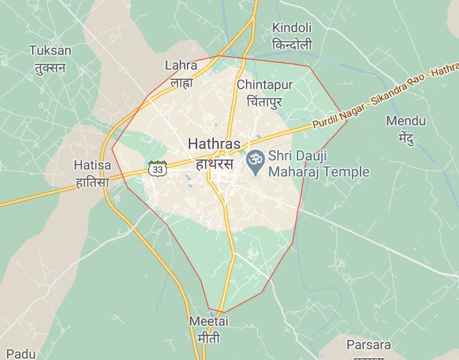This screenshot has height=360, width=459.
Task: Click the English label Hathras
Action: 214,143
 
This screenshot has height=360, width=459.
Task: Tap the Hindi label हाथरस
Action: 214,163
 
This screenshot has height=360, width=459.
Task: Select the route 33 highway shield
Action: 157,169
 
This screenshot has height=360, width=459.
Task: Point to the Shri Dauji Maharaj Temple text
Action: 318,164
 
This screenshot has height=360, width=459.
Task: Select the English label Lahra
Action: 181,66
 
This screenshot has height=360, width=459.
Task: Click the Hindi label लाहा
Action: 181,82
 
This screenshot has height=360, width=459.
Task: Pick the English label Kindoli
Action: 291,28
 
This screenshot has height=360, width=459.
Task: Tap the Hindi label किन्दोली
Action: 291,45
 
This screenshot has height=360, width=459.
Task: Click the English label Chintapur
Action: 265,85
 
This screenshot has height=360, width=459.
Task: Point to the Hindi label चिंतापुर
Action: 265,102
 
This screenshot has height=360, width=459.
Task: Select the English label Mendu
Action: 406,121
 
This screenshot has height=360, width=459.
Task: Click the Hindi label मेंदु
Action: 406,139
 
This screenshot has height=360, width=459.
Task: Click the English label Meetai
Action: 208,321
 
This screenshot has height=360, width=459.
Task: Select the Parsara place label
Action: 369,345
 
